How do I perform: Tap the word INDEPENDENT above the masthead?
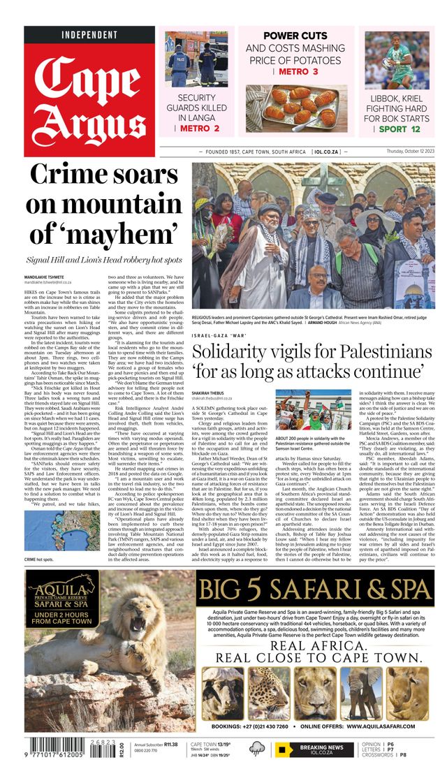[x=89, y=35]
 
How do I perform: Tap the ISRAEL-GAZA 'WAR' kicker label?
[x=219, y=335]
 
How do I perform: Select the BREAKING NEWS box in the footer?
[x=316, y=750]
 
